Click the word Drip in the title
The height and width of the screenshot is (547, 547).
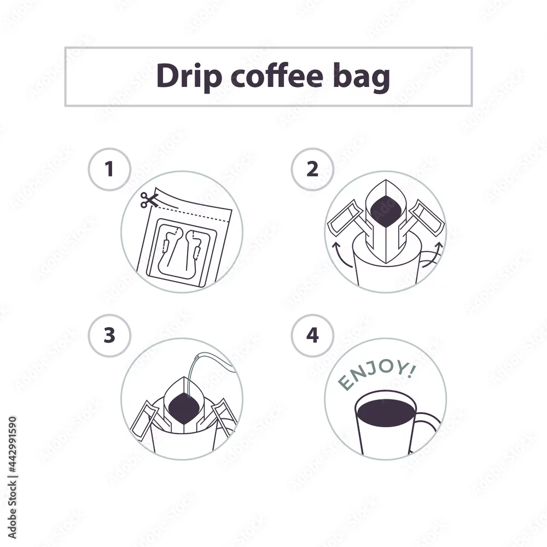(x=189, y=76)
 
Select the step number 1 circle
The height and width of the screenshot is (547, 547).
(x=109, y=169)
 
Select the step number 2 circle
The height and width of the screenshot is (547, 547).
(x=312, y=169)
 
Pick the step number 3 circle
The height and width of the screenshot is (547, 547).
(x=109, y=335)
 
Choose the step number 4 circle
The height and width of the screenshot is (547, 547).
(x=312, y=335)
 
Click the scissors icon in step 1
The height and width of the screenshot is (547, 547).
(x=149, y=200)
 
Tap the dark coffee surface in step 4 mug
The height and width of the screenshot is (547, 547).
(x=386, y=412)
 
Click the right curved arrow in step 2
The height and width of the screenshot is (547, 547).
(x=433, y=255)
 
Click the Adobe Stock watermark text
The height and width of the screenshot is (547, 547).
(x=12, y=478)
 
